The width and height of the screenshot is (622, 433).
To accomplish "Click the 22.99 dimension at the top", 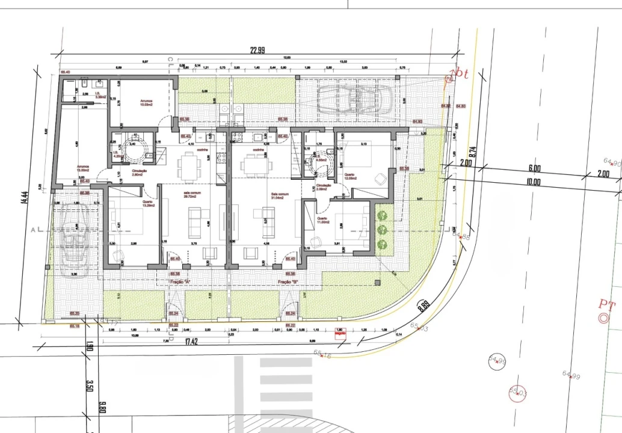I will (257, 51).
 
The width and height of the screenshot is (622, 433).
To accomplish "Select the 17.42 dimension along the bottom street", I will (191, 342).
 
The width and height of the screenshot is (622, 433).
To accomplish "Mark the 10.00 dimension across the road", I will (534, 182).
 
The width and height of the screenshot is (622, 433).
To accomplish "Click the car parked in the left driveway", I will (75, 239).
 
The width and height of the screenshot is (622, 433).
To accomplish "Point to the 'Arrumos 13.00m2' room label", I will (82, 168).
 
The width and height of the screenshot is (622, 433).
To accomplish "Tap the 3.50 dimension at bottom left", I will (88, 385).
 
